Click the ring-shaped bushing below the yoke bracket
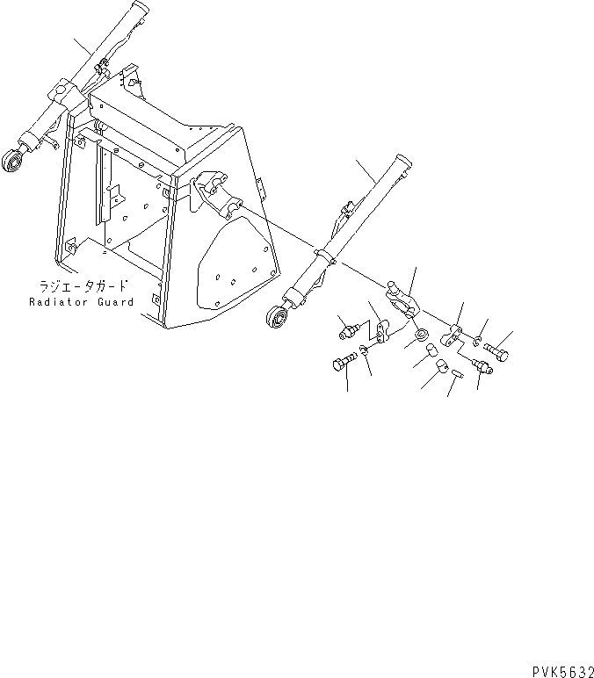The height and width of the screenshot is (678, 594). pos(422,332)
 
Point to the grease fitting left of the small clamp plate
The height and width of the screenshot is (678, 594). pos(348,331)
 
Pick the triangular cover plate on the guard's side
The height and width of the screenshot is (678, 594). pos(235,264)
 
